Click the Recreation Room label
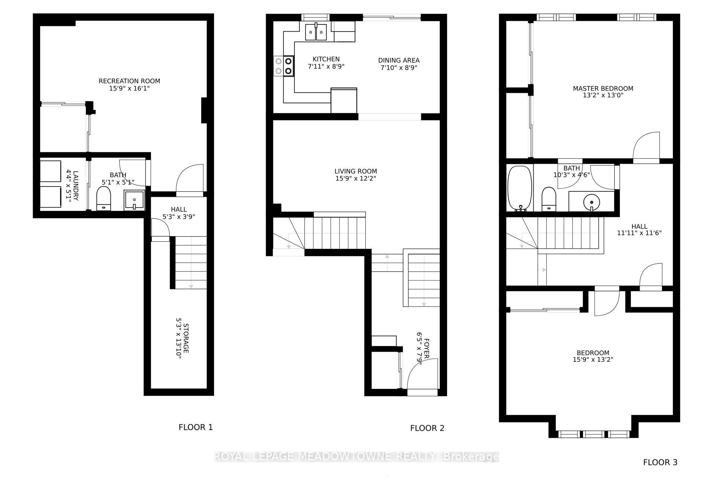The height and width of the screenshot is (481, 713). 129,81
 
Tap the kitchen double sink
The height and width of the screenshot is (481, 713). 316,32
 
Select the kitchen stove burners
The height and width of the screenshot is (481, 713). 284,66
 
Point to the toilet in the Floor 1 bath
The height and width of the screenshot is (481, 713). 104,198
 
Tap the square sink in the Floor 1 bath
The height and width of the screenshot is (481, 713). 134,201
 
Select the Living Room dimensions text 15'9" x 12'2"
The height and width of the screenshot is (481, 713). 355,179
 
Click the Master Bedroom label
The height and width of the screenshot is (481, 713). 603,88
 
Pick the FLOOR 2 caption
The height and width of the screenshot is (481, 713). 427,428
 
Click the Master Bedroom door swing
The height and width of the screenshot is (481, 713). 647,146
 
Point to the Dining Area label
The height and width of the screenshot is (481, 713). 399,60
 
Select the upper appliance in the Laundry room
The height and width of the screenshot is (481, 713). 51,170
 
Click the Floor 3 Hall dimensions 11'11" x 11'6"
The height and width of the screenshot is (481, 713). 639,233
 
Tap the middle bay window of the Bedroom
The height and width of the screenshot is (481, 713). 594,434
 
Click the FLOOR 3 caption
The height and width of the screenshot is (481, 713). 660,462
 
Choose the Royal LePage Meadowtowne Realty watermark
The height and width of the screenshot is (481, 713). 356,456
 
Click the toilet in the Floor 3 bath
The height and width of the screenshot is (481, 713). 548,198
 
